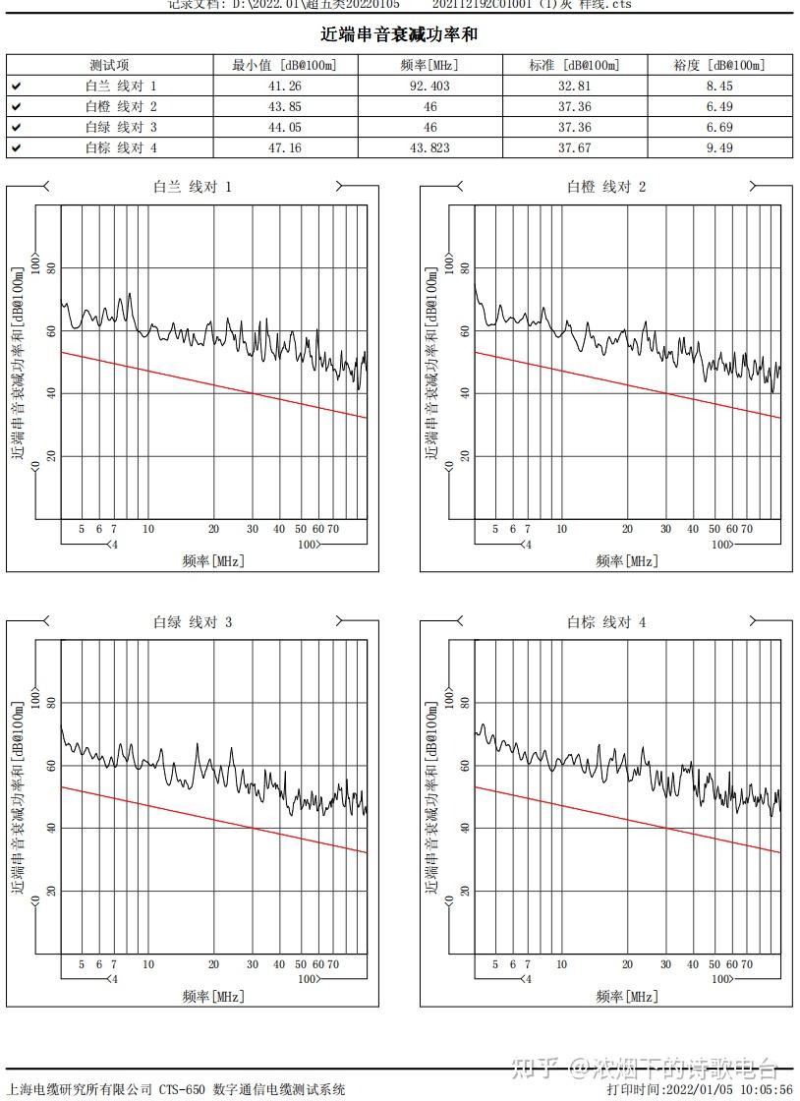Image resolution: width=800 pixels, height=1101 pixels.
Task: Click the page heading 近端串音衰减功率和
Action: (x=399, y=34)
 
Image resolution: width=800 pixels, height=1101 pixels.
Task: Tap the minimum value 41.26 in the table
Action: (x=284, y=87)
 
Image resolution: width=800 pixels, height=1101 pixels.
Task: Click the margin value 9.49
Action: (x=718, y=148)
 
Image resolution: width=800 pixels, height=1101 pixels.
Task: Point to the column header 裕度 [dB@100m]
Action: (x=718, y=66)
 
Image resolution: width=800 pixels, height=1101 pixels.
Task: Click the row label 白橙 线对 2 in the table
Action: (x=121, y=107)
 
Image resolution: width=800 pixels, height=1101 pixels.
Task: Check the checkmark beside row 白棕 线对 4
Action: (x=17, y=148)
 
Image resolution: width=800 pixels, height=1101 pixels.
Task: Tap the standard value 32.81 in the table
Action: (x=574, y=87)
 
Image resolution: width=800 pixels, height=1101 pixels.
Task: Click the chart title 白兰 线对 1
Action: (x=193, y=187)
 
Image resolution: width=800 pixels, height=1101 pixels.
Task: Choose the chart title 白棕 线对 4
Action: (x=606, y=622)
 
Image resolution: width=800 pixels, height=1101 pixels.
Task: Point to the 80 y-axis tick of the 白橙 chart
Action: (x=463, y=268)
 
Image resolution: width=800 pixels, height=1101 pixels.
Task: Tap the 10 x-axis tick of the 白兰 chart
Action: (x=148, y=529)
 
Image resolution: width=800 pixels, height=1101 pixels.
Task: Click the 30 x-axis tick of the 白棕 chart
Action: (x=666, y=964)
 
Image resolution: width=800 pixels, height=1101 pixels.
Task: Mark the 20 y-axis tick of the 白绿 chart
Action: (x=49, y=892)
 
